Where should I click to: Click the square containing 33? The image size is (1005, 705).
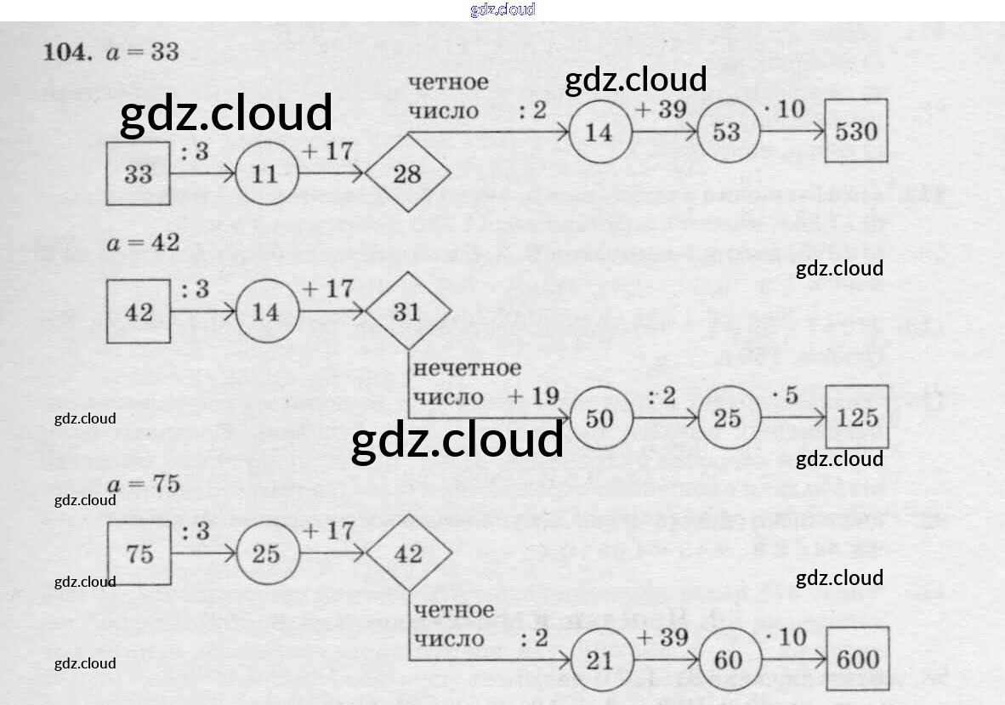tap(139, 174)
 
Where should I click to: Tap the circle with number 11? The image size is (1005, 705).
tap(265, 174)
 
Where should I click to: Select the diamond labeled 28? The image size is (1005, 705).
tap(407, 174)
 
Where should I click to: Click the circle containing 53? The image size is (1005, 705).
tap(727, 132)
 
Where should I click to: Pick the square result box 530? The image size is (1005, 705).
tap(856, 132)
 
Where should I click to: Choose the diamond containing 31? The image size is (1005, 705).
tap(407, 312)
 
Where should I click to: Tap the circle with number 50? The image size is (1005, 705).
tap(599, 418)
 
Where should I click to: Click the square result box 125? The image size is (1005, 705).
tap(856, 418)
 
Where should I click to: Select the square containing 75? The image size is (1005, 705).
tap(139, 554)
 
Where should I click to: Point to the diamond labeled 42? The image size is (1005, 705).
tap(408, 554)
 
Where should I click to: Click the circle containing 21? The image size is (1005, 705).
tap(599, 661)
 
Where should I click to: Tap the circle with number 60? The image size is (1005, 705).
tap(728, 661)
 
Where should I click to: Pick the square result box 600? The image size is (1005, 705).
tap(857, 660)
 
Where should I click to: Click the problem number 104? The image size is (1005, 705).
tap(67, 52)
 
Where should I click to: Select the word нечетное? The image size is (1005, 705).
tap(466, 368)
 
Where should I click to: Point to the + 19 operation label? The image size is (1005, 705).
tap(533, 395)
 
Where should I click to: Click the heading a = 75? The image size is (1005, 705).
tap(144, 484)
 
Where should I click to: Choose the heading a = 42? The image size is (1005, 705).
tap(144, 242)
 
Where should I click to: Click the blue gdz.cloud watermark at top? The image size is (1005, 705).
tap(503, 10)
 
